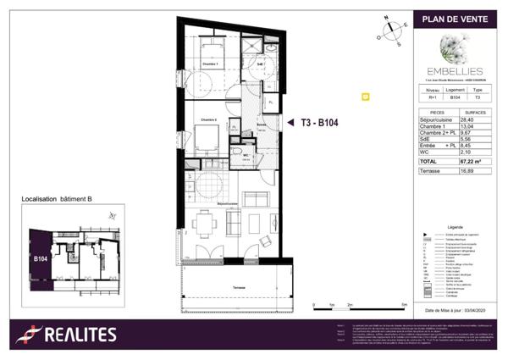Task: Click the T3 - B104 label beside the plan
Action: [324, 123]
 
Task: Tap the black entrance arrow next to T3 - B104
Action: [290, 123]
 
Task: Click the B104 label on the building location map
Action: [40, 258]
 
